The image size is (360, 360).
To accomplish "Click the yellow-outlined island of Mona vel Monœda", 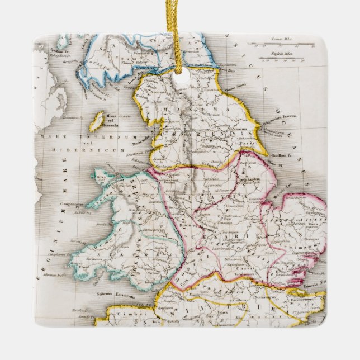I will click(97, 121).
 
